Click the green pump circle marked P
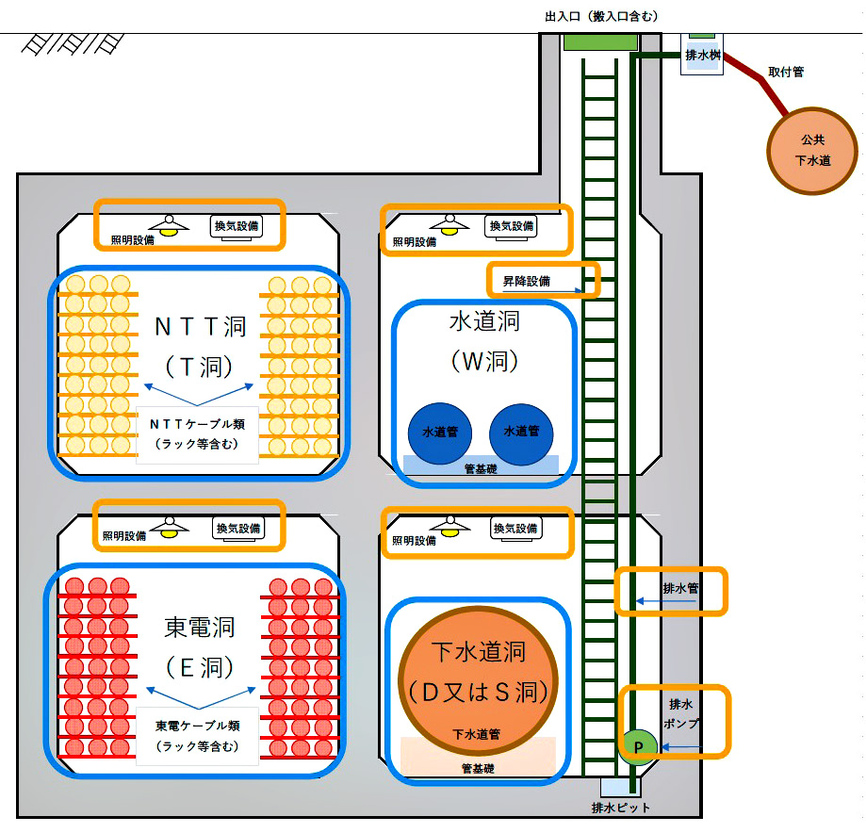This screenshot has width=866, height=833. click(638, 746)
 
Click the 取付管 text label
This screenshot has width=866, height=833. click(786, 72)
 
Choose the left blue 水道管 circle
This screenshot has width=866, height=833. click(439, 433)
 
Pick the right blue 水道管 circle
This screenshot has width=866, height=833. click(521, 433)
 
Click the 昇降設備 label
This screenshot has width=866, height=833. click(526, 281)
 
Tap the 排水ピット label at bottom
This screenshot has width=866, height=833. click(620, 808)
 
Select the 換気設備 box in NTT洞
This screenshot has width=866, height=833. click(236, 225)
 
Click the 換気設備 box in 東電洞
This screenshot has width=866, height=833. click(238, 530)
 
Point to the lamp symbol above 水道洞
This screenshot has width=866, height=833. click(449, 223)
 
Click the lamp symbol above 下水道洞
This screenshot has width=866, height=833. click(449, 526)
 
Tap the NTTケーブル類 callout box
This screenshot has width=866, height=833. click(197, 434)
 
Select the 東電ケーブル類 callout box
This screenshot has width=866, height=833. click(197, 736)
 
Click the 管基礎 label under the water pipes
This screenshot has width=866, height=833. click(481, 468)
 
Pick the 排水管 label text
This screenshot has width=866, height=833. click(678, 589)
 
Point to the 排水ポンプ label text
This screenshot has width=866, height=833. click(681, 714)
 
